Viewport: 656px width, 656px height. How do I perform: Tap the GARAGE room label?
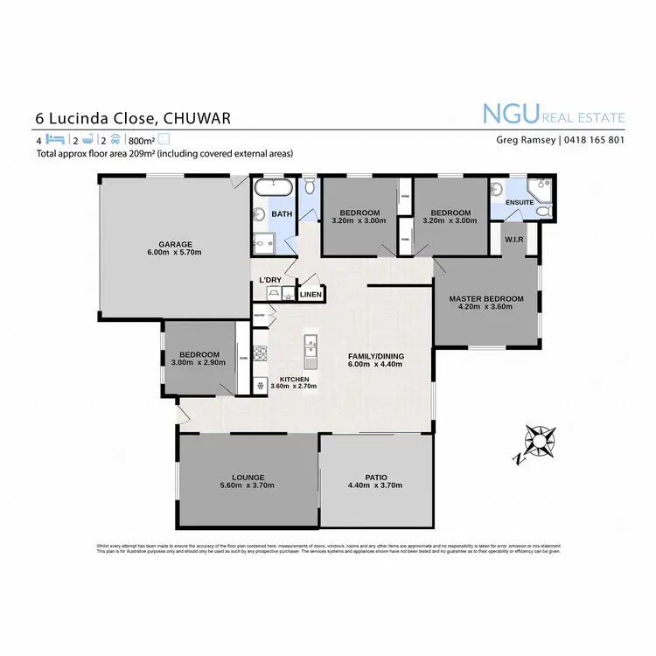tap(175, 244)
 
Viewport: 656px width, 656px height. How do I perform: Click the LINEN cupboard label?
tap(311, 295)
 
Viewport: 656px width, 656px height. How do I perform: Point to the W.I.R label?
tap(513, 239)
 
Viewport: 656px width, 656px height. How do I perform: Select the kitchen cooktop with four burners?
tap(260, 386)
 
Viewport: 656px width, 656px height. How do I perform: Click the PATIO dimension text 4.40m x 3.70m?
tap(376, 485)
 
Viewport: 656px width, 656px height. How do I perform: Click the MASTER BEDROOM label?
tap(486, 299)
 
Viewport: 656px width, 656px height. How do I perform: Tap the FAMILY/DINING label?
tap(374, 356)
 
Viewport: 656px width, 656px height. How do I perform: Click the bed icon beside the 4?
tap(55, 139)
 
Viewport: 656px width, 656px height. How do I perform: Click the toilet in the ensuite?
tap(542, 211)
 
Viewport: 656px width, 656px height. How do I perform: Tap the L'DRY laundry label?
tap(270, 280)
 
